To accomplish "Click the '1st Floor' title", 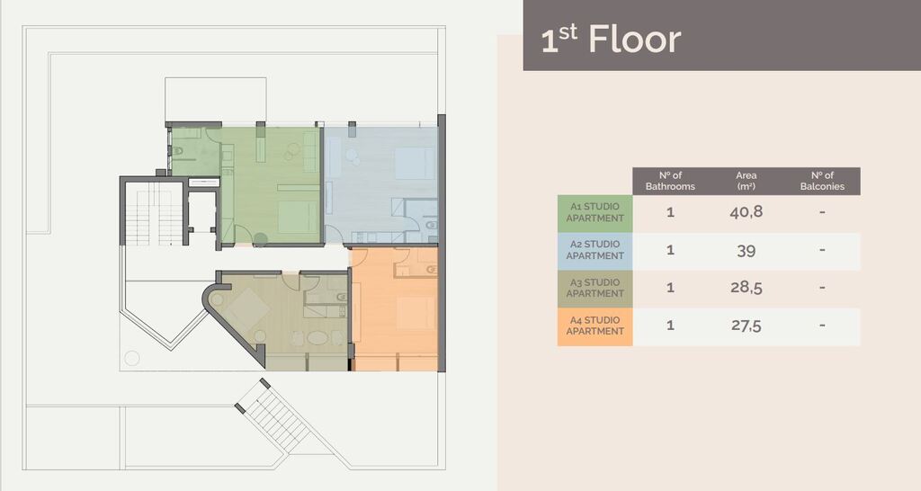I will click(x=611, y=40).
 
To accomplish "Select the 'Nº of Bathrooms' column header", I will click(x=670, y=181).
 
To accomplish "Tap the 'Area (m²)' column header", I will click(x=746, y=181).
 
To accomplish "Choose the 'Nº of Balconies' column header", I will click(x=822, y=181).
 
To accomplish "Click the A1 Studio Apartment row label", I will click(x=595, y=213).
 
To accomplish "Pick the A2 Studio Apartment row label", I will click(x=595, y=251).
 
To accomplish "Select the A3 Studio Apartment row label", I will click(x=595, y=289).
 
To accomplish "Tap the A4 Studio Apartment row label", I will click(x=595, y=326).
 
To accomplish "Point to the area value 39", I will click(x=746, y=251).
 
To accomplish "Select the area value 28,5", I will click(x=746, y=289).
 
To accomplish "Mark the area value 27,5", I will click(x=746, y=326).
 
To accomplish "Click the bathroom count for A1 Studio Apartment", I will click(x=670, y=213).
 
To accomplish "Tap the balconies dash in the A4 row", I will click(x=822, y=326).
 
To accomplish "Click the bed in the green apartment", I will click(x=297, y=216).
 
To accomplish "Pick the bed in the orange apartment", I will click(x=416, y=313).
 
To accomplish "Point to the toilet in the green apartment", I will click(x=178, y=147).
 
